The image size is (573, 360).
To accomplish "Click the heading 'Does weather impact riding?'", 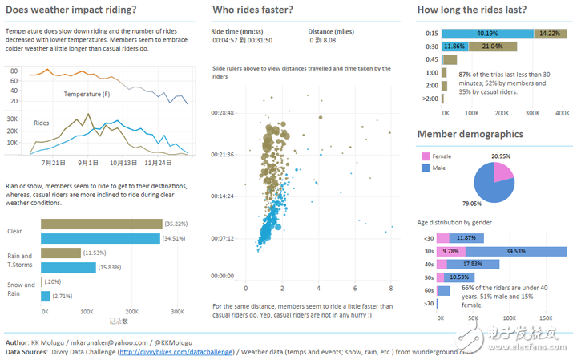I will (x=71, y=10).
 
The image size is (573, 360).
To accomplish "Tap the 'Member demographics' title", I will (x=470, y=134).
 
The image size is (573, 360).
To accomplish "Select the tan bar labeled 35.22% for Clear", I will (x=101, y=224).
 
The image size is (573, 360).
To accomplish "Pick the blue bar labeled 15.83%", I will (x=68, y=267).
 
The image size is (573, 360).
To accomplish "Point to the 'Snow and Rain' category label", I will (x=21, y=289).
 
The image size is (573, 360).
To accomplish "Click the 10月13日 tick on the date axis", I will (x=123, y=161).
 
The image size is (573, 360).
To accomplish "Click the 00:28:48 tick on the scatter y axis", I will (x=222, y=113).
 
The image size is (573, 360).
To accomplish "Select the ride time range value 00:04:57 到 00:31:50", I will (x=241, y=39).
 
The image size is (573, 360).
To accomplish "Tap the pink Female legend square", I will (x=425, y=156).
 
